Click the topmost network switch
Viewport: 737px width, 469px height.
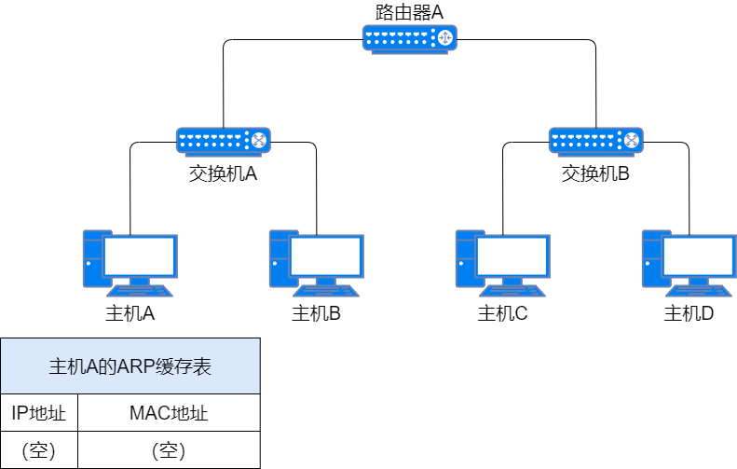pyautogui.click(x=409, y=38)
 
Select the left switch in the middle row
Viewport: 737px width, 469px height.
pyautogui.click(x=223, y=141)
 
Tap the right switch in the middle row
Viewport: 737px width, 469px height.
pyautogui.click(x=595, y=141)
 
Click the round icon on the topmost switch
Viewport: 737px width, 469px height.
pyautogui.click(x=444, y=38)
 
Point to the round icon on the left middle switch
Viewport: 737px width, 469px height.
pyautogui.click(x=258, y=141)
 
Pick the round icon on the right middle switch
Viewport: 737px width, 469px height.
pyautogui.click(x=631, y=141)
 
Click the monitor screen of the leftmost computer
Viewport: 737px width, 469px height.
pyautogui.click(x=140, y=255)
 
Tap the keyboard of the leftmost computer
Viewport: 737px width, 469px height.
pyautogui.click(x=140, y=291)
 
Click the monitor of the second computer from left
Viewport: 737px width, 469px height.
pyautogui.click(x=326, y=255)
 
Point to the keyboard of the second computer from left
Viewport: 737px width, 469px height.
pyautogui.click(x=326, y=291)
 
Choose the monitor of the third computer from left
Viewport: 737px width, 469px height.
pyautogui.click(x=512, y=255)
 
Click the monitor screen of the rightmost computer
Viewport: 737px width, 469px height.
pyautogui.click(x=699, y=255)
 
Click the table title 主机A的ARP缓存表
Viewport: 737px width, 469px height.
pyautogui.click(x=130, y=366)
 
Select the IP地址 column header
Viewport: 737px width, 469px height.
pyautogui.click(x=39, y=413)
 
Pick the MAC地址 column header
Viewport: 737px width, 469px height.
pyautogui.click(x=169, y=413)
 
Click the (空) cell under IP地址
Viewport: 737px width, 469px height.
pyautogui.click(x=39, y=450)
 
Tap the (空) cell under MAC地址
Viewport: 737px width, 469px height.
pyautogui.click(x=169, y=450)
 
